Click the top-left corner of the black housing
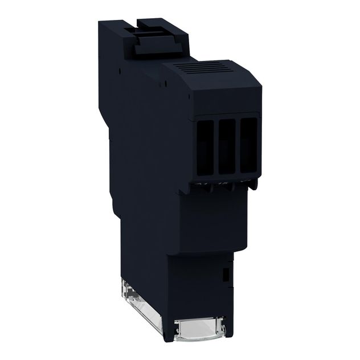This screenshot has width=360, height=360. click(100, 23)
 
